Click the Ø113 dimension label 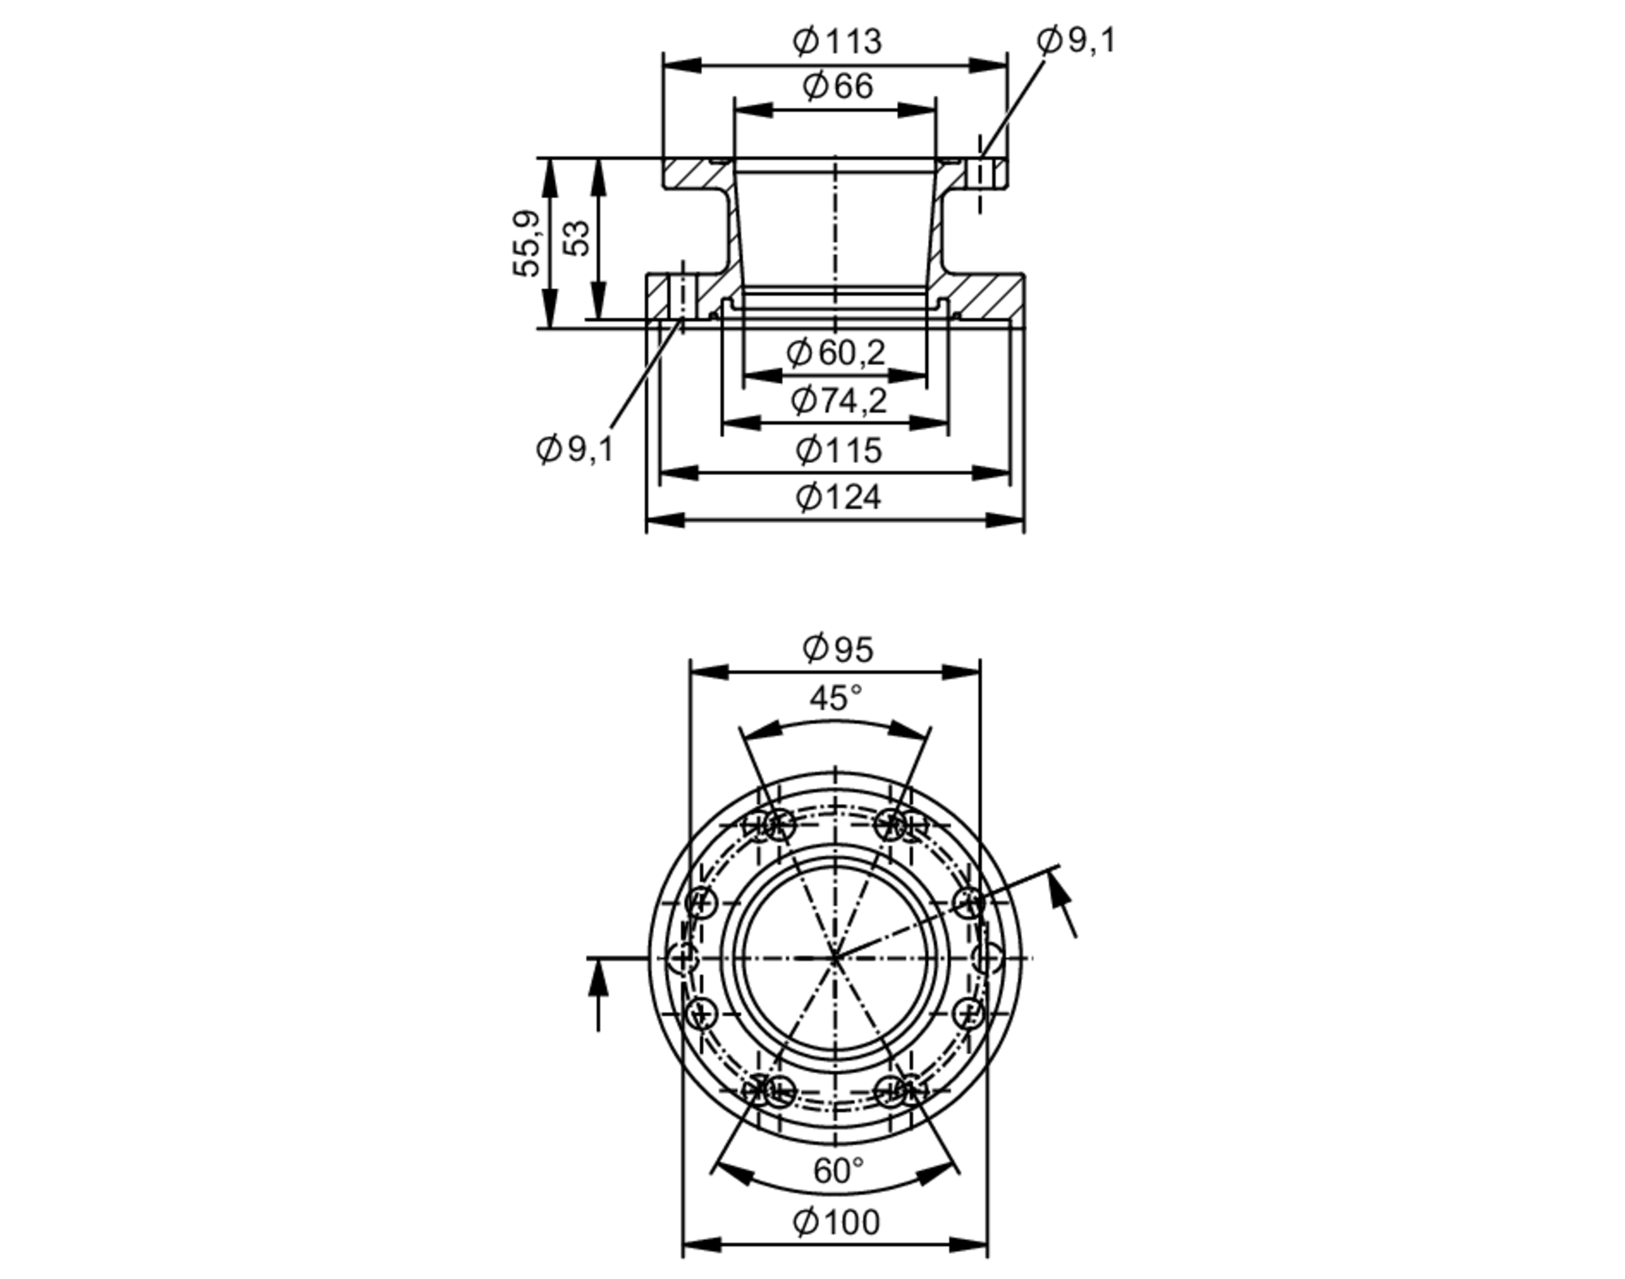pyautogui.click(x=836, y=41)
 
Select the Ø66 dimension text pyautogui.click(x=837, y=86)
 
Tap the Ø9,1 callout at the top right pyautogui.click(x=1076, y=40)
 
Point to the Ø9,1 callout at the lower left pyautogui.click(x=574, y=448)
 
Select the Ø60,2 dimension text pyautogui.click(x=835, y=352)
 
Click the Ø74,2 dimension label pyautogui.click(x=838, y=400)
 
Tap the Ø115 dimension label pyautogui.click(x=838, y=450)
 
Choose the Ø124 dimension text pyautogui.click(x=838, y=497)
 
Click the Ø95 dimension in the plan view pyautogui.click(x=837, y=649)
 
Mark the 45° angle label pyautogui.click(x=835, y=698)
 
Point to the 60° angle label pyautogui.click(x=838, y=1170)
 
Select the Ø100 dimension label pyautogui.click(x=835, y=1221)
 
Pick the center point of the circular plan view pyautogui.click(x=835, y=958)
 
